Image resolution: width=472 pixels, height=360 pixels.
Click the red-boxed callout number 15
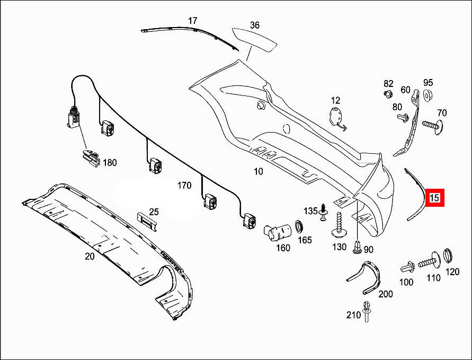[435, 198]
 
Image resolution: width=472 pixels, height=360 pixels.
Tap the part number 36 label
[255, 25]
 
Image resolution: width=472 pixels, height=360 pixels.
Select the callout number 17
[192, 21]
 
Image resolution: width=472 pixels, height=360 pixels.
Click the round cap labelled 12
[335, 117]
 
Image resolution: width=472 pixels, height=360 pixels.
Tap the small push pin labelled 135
[323, 214]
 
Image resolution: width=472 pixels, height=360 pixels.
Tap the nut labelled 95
[428, 95]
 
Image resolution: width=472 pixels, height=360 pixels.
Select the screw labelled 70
[433, 126]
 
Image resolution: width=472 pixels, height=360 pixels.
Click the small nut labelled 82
[387, 94]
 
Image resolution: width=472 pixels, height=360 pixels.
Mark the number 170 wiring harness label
[184, 186]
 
